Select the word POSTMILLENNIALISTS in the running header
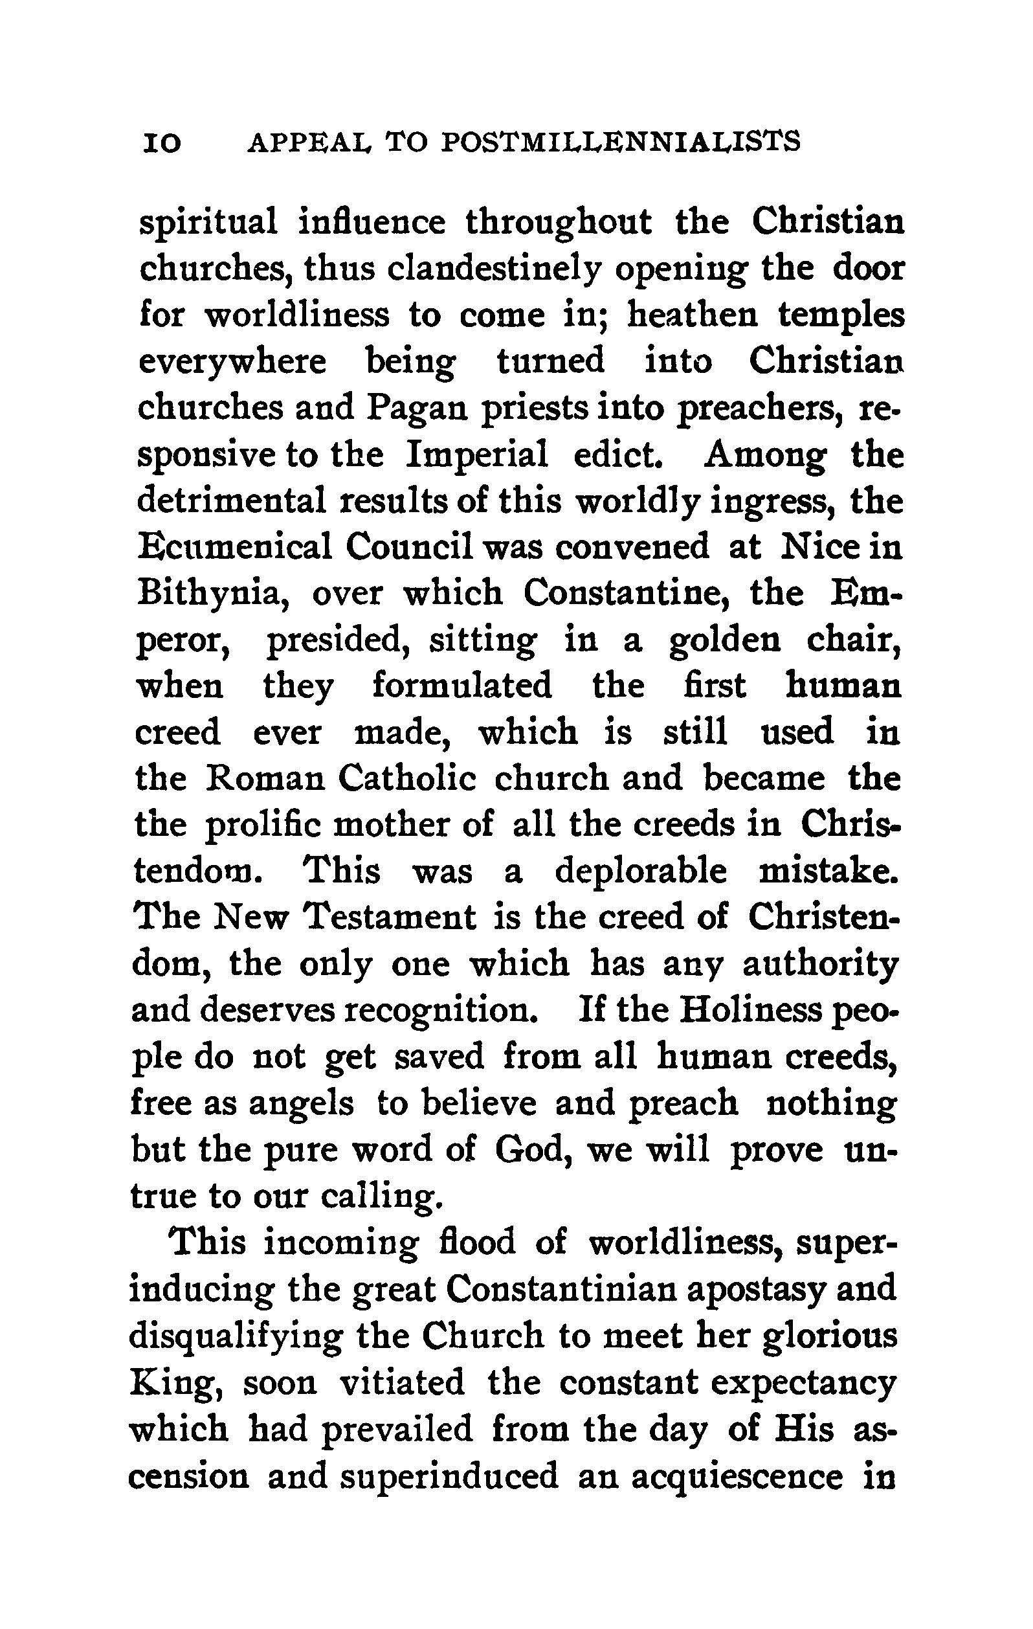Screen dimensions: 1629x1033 pos(619,141)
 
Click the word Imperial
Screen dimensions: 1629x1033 pos(477,455)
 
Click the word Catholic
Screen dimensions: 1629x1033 pos(406,779)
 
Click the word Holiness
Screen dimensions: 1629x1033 pos(749,1010)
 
